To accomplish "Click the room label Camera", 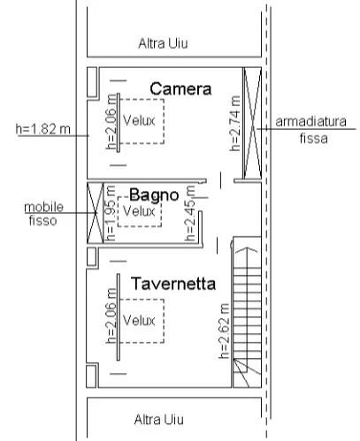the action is pyautogui.click(x=180, y=88).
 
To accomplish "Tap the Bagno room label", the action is pyautogui.click(x=154, y=194).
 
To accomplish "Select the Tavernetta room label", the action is pyautogui.click(x=173, y=284).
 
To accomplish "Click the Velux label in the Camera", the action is pyautogui.click(x=139, y=120).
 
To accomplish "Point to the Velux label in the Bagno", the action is pyautogui.click(x=139, y=211).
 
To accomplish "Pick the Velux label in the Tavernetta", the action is pyautogui.click(x=139, y=320).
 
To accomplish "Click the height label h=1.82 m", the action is pyautogui.click(x=43, y=129).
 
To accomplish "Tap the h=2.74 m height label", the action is pyautogui.click(x=235, y=124).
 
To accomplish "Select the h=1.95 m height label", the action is pyautogui.click(x=111, y=213).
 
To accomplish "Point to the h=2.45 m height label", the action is pyautogui.click(x=190, y=213).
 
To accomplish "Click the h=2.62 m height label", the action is pyautogui.click(x=224, y=331).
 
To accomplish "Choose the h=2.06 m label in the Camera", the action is pyautogui.click(x=111, y=122).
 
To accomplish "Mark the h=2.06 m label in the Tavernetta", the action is pyautogui.click(x=111, y=316).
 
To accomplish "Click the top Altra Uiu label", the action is pyautogui.click(x=163, y=43).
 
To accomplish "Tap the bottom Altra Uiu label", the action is pyautogui.click(x=159, y=420).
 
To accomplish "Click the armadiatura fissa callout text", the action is pyautogui.click(x=311, y=130).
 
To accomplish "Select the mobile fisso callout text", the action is pyautogui.click(x=43, y=214).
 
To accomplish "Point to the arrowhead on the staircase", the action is pyautogui.click(x=247, y=250).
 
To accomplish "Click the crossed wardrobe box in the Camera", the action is pyautogui.click(x=252, y=123).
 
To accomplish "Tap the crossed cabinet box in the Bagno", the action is pyautogui.click(x=96, y=213).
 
